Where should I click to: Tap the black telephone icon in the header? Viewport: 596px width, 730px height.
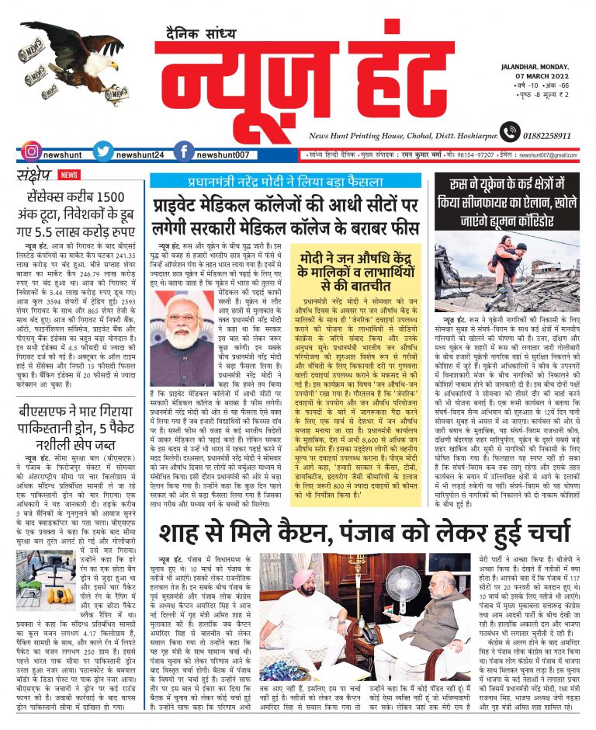tap(509, 132)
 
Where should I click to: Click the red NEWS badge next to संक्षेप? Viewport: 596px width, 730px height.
tap(69, 175)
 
